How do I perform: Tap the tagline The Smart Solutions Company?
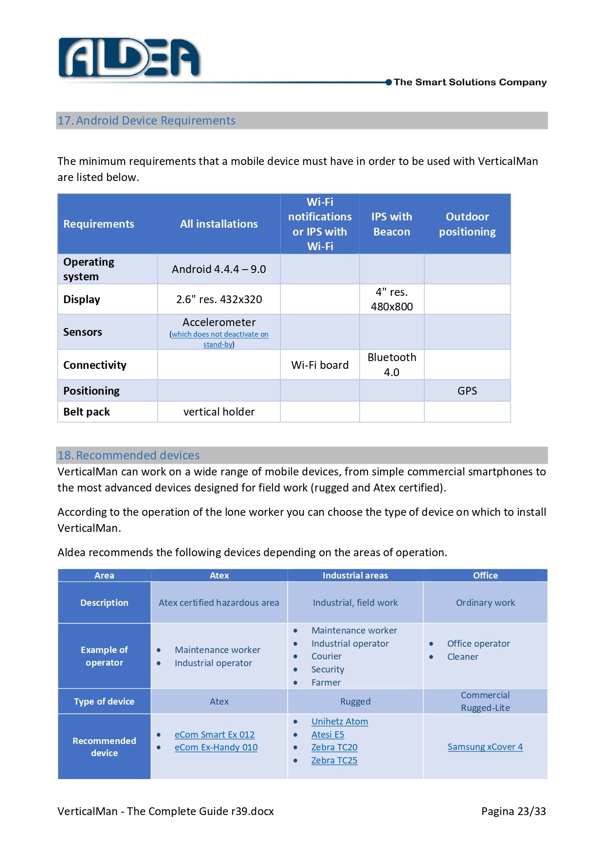point(470,82)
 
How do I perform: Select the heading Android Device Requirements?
point(156,121)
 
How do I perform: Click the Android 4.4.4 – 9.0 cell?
point(219,269)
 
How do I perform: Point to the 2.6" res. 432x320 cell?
point(219,299)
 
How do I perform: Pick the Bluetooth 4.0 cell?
point(391,364)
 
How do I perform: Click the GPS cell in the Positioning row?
point(467,391)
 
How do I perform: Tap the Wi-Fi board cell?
point(320,365)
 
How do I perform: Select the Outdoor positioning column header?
point(467,224)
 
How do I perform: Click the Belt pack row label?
point(87,412)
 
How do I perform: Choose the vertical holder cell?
point(219,412)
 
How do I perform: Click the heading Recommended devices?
point(138,455)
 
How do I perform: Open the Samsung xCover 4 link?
point(485,746)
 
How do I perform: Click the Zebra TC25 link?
point(334,760)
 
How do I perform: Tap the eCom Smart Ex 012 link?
point(215,734)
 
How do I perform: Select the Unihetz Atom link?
point(340,721)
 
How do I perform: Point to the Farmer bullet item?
point(326,682)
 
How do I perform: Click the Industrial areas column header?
point(355,575)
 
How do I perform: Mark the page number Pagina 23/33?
point(513,811)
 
